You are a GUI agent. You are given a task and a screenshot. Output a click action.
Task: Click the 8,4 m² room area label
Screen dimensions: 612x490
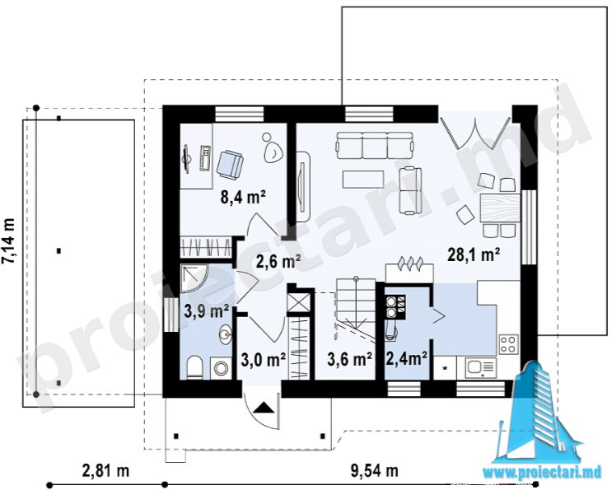tap(243, 197)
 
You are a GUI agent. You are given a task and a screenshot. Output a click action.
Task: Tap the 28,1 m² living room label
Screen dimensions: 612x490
tap(474, 255)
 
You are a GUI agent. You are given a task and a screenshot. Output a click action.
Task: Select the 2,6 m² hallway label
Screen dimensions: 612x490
tap(278, 261)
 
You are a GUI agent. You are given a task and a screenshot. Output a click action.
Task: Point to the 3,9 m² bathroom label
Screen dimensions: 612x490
tap(207, 311)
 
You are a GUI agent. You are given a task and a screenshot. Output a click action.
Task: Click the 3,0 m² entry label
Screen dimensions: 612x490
tap(264, 360)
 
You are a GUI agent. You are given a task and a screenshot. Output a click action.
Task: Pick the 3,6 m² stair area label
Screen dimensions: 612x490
tap(349, 360)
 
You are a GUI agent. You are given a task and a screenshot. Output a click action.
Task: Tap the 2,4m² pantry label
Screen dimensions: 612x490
tap(406, 358)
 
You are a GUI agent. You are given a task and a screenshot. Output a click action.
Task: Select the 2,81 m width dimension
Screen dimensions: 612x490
tap(105, 470)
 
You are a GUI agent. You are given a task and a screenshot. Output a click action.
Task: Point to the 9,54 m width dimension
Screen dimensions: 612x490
tap(375, 470)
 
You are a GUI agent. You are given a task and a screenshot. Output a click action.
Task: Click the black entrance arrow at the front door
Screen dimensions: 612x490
tap(264, 408)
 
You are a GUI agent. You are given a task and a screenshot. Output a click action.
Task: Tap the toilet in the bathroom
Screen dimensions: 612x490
tap(194, 367)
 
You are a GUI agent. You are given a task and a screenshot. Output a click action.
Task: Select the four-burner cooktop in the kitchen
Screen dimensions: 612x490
tap(508, 343)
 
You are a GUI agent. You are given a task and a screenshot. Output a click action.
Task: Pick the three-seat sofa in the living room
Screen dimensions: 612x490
tap(375, 145)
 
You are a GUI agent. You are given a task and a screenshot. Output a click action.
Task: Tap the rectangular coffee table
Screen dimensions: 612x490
tap(363, 180)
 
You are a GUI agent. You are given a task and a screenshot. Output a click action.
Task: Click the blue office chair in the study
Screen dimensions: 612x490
tap(230, 164)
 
